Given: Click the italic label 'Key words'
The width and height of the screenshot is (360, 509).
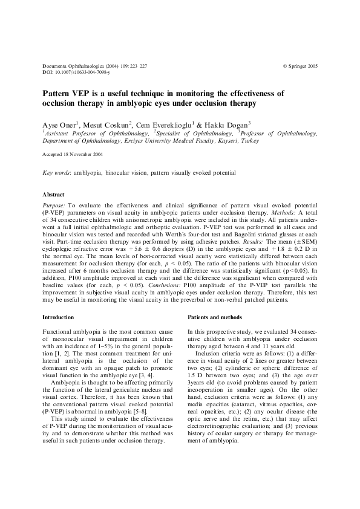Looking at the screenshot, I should tap(56, 173).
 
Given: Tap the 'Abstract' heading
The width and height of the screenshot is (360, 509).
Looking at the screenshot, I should tap(53, 195).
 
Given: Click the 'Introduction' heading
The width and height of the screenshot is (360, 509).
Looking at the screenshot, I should tap(58, 317).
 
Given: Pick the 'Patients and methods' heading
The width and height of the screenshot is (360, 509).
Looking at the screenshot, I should tap(214, 317).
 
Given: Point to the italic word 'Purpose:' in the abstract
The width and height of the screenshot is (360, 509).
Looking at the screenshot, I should tap(54, 206).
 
